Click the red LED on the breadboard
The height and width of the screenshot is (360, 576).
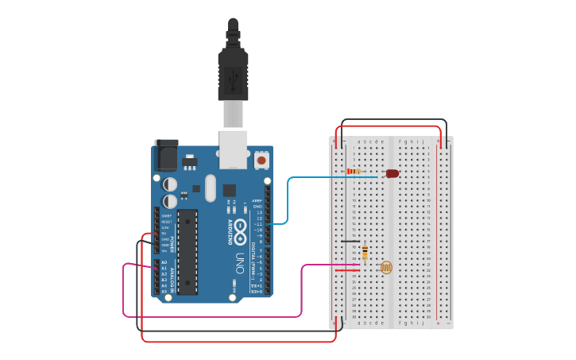(x=392, y=173)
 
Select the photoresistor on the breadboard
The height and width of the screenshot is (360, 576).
(x=386, y=268)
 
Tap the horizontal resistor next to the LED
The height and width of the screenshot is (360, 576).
(x=354, y=171)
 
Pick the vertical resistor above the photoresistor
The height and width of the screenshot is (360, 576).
(x=365, y=254)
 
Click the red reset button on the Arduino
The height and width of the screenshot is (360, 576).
(x=261, y=161)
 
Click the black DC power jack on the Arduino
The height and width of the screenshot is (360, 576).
(x=167, y=154)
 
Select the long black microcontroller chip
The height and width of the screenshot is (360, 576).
(x=187, y=251)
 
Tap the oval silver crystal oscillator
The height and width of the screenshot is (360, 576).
(x=211, y=188)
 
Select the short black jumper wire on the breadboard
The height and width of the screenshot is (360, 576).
(x=350, y=241)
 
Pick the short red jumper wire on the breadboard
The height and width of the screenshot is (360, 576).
(x=346, y=271)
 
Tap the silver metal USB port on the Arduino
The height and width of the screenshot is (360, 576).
(x=233, y=149)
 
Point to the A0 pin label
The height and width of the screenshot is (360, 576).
(x=164, y=262)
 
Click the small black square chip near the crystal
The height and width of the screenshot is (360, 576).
(x=230, y=190)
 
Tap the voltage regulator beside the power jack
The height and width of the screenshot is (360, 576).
(x=189, y=162)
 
